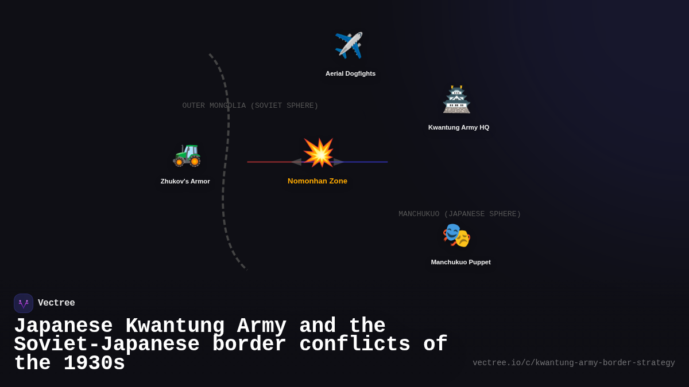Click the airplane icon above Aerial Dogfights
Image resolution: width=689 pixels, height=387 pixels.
point(349,45)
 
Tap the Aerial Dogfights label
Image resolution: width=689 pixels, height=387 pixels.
point(350,73)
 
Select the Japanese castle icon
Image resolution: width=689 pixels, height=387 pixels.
point(456,99)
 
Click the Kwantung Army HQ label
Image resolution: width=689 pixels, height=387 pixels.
point(459,127)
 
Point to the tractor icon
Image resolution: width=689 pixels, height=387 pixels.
point(187,154)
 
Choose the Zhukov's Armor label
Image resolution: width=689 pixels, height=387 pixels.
point(185,181)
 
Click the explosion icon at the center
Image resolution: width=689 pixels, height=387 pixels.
point(318,153)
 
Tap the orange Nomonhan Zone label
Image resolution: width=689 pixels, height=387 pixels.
point(318,181)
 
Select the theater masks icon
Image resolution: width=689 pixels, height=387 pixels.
point(456,235)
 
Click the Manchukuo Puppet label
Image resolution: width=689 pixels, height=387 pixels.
point(460,262)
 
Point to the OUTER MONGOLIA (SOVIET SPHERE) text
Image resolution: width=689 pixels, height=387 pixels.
point(250,105)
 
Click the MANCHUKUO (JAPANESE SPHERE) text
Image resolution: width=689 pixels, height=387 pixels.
point(459,214)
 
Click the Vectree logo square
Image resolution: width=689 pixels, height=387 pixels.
point(24,303)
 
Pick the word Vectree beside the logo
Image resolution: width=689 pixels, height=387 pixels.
point(56,303)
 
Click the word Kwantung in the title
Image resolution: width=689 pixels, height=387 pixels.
point(175,326)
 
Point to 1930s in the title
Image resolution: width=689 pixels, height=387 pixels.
point(94,363)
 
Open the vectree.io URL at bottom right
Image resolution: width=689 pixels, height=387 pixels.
point(574,363)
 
